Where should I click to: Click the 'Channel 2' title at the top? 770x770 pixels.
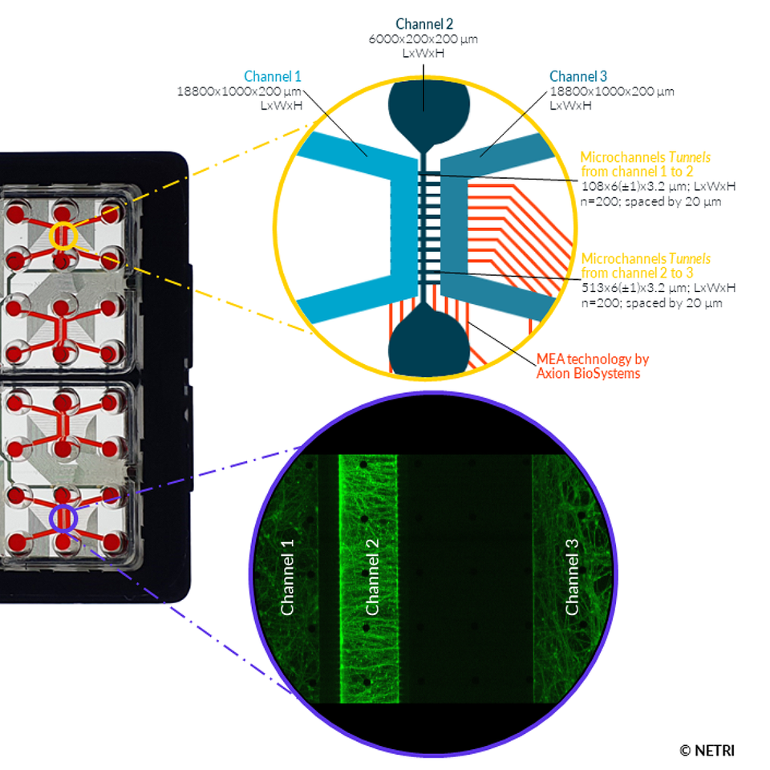click(x=424, y=24)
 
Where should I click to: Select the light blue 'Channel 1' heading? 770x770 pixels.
click(x=273, y=77)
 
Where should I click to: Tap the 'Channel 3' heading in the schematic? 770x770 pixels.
click(x=578, y=77)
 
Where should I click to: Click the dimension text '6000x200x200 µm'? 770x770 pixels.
click(x=424, y=39)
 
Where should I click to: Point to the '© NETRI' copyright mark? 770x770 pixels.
click(x=707, y=751)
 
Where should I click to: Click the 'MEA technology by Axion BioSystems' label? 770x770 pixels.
click(x=593, y=366)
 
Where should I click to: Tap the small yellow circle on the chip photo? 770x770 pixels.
click(x=63, y=236)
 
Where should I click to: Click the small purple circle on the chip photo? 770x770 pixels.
click(x=63, y=519)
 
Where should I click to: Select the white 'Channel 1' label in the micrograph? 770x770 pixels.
click(x=288, y=577)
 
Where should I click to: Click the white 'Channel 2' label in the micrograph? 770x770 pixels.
click(x=372, y=577)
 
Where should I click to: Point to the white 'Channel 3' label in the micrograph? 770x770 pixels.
click(x=572, y=577)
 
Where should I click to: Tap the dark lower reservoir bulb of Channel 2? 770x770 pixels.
click(x=425, y=341)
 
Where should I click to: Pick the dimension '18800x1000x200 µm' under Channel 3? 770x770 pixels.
click(x=611, y=91)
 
